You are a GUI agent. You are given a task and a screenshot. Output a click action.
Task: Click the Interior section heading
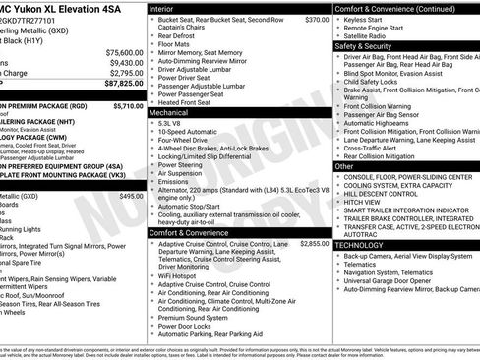point(163,8)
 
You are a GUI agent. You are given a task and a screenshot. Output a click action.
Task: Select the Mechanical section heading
point(170,113)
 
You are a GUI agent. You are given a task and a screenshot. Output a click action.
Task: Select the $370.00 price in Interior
point(316,19)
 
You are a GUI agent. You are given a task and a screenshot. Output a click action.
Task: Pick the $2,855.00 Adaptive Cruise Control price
point(314,243)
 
